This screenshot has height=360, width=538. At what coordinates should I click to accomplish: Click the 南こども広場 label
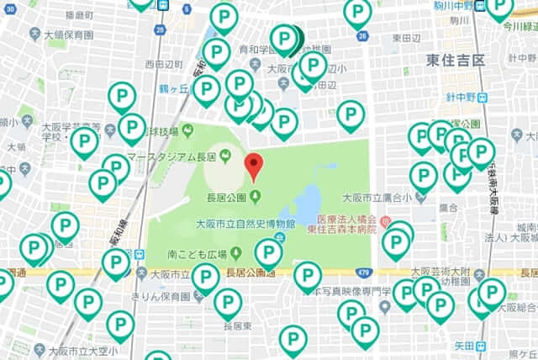coord(198,252)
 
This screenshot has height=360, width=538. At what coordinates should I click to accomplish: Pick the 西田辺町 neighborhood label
coord(164,64)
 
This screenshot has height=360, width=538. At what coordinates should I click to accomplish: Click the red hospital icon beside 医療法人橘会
coord(385,222)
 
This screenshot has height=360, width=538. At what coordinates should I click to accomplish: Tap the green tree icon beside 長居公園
coord(255,198)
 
